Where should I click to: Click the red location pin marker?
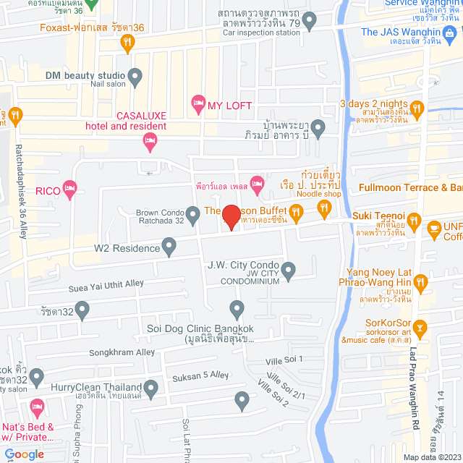pyautogui.click(x=231, y=216)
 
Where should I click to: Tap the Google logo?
pyautogui.click(x=23, y=454)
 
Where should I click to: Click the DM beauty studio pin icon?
pyautogui.click(x=135, y=75)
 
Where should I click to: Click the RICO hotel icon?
pyautogui.click(x=69, y=190)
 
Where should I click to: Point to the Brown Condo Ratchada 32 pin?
pyautogui.click(x=193, y=214)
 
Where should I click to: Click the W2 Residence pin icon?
pyautogui.click(x=169, y=248)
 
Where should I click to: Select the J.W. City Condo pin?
pyautogui.click(x=289, y=272)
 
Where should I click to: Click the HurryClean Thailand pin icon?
pyautogui.click(x=151, y=390)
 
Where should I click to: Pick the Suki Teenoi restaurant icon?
pyautogui.click(x=414, y=221)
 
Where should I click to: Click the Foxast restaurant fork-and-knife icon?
pyautogui.click(x=127, y=43)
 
